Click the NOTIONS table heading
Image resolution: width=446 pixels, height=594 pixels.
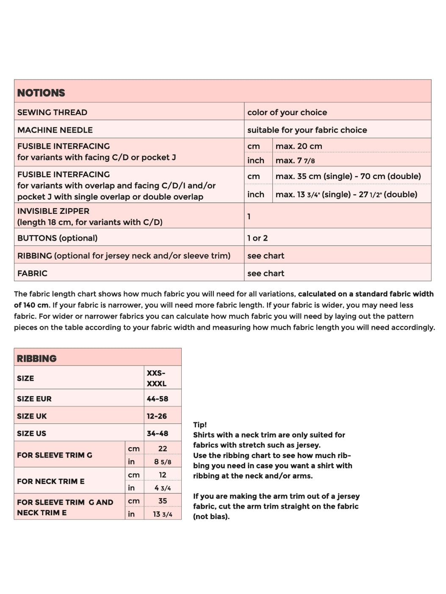click(x=41, y=93)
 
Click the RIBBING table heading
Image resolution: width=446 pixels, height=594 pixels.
click(x=36, y=358)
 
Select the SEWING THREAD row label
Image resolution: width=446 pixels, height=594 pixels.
click(x=52, y=112)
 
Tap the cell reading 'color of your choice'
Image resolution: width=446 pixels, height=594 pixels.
click(x=287, y=112)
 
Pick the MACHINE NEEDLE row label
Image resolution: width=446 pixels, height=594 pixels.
click(x=55, y=130)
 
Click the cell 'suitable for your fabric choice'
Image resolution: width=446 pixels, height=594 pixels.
click(x=307, y=130)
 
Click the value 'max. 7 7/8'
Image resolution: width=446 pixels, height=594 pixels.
click(x=295, y=160)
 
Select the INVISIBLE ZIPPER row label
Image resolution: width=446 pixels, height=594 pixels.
click(x=53, y=211)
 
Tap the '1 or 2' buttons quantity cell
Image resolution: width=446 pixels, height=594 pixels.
click(x=258, y=238)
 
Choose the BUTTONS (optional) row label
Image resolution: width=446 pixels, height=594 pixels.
click(x=57, y=238)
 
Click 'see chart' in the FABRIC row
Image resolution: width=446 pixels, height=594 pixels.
click(x=266, y=273)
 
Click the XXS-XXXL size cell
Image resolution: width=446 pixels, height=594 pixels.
click(x=156, y=378)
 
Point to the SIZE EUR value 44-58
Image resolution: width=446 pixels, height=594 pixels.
click(x=157, y=398)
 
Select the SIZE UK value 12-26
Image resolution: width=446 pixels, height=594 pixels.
click(x=157, y=416)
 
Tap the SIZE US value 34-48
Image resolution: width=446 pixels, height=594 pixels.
click(x=157, y=433)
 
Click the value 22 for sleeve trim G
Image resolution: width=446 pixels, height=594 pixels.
click(x=163, y=448)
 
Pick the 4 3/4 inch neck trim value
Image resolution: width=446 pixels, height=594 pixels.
click(x=163, y=488)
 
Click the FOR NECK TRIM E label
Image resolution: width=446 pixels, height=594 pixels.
click(x=50, y=481)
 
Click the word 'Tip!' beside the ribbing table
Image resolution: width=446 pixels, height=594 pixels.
click(x=200, y=425)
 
